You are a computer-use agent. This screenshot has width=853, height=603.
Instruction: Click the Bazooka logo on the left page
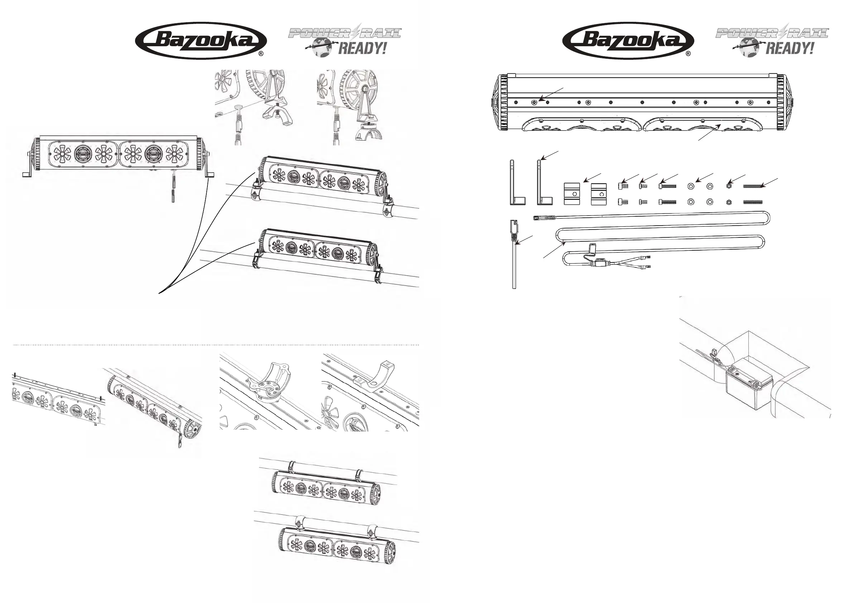click(201, 40)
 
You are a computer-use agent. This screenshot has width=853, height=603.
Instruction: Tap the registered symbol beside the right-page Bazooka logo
click(688, 53)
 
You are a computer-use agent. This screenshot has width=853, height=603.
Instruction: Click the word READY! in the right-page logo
click(790, 49)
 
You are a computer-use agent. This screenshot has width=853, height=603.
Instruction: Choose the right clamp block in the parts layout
click(599, 194)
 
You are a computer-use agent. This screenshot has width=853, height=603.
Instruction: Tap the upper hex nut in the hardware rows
click(729, 185)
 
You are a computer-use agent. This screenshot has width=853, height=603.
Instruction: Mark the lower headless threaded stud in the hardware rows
click(753, 202)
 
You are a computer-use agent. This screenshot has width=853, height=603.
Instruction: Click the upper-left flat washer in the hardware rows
click(691, 185)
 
